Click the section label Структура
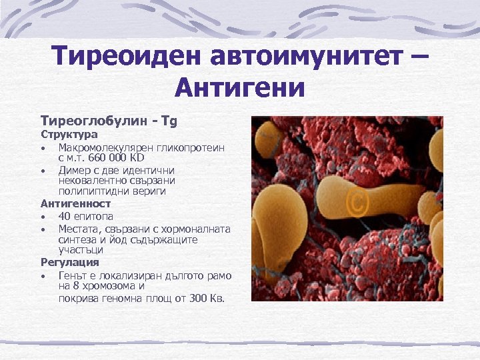pos(69,135)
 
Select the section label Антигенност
pos(75,203)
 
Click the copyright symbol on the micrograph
pos(356,205)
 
